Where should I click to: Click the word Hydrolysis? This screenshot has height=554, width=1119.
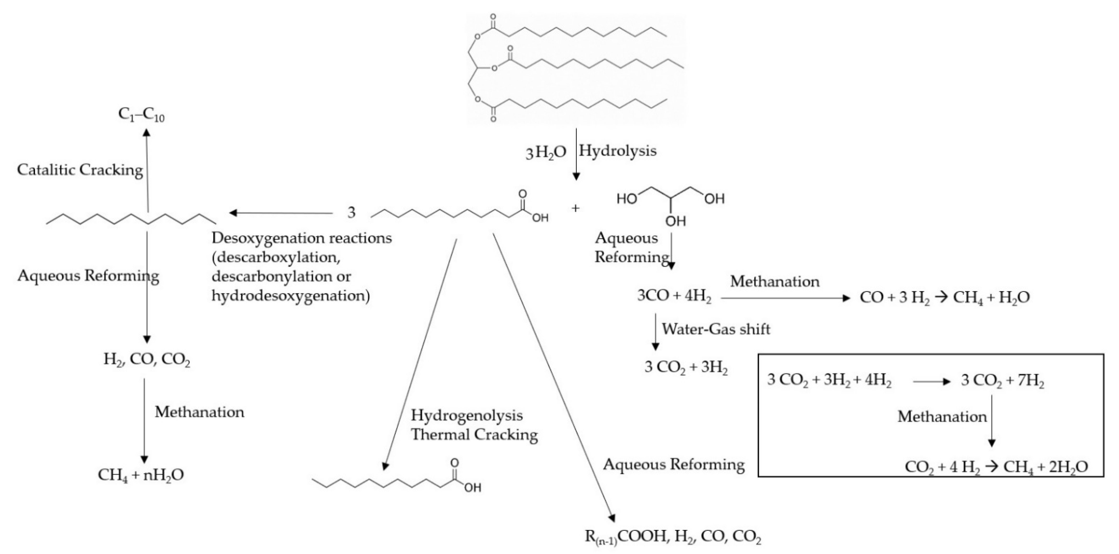617,151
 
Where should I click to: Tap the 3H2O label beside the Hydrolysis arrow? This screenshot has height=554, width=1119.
546,153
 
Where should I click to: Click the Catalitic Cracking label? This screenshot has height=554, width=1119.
80,170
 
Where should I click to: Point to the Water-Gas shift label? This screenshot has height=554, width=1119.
716,329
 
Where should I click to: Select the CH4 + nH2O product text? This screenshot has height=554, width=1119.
141,474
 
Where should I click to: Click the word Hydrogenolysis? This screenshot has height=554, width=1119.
466,415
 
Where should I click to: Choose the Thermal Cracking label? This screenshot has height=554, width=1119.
474,434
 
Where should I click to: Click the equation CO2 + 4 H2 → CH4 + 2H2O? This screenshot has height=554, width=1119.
996,467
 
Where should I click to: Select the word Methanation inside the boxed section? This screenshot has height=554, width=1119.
942,417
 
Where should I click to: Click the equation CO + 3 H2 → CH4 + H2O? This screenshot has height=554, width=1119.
944,298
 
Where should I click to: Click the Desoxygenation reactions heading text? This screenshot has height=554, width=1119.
302,238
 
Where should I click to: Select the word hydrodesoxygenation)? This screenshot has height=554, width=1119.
291,296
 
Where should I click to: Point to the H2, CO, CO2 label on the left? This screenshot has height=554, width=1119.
147,360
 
